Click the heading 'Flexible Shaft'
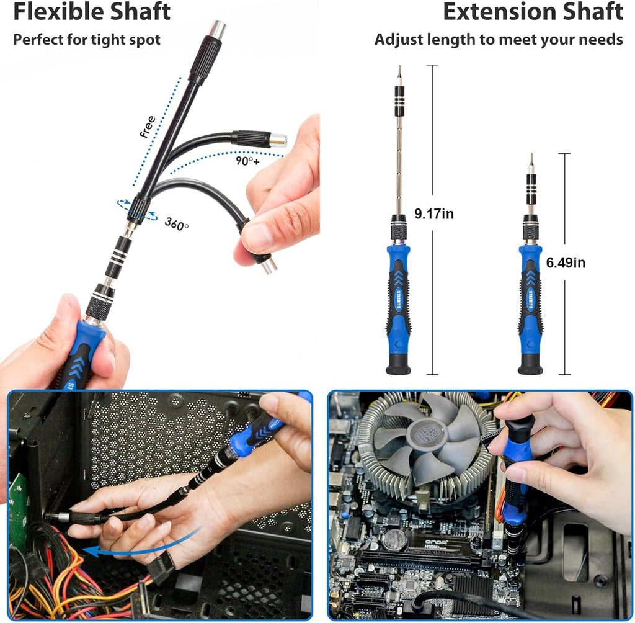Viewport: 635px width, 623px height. tap(92, 12)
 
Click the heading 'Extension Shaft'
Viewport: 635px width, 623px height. tap(533, 12)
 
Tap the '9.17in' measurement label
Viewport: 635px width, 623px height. tap(434, 214)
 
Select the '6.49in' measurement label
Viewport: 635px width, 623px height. tap(566, 262)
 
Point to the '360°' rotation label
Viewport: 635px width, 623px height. tap(177, 224)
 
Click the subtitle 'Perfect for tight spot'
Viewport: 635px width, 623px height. tap(87, 40)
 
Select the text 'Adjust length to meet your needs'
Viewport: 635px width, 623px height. tap(499, 40)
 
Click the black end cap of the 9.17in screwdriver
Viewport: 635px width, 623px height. tap(398, 364)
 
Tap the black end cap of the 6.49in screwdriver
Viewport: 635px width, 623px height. tap(530, 364)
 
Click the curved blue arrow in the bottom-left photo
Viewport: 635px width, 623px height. tap(143, 546)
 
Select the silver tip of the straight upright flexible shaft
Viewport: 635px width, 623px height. tap(218, 28)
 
